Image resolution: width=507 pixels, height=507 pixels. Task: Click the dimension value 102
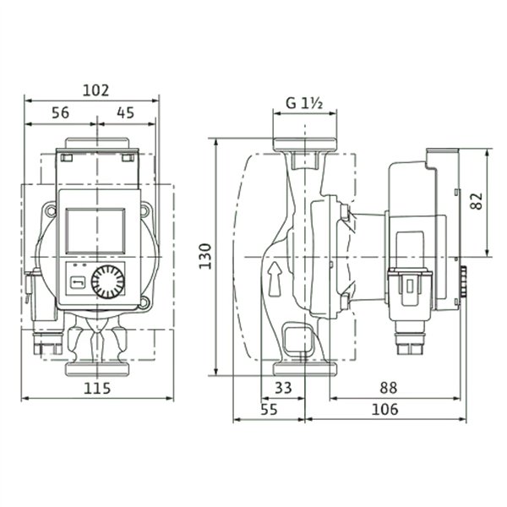[x=95, y=90]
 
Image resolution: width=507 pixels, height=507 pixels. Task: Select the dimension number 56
[x=61, y=112]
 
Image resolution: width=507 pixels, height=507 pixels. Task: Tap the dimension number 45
[x=125, y=112]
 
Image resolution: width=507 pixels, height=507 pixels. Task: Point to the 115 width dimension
[x=97, y=388]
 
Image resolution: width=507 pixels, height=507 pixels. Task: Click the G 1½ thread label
[x=304, y=103]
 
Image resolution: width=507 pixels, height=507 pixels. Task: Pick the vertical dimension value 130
[x=204, y=256]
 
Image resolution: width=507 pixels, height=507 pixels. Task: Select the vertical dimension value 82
[x=477, y=201]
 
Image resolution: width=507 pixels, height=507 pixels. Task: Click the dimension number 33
[x=283, y=387]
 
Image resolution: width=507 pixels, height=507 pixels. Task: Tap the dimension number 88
[x=388, y=387]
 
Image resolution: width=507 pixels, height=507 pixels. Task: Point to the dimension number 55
[x=269, y=409]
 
